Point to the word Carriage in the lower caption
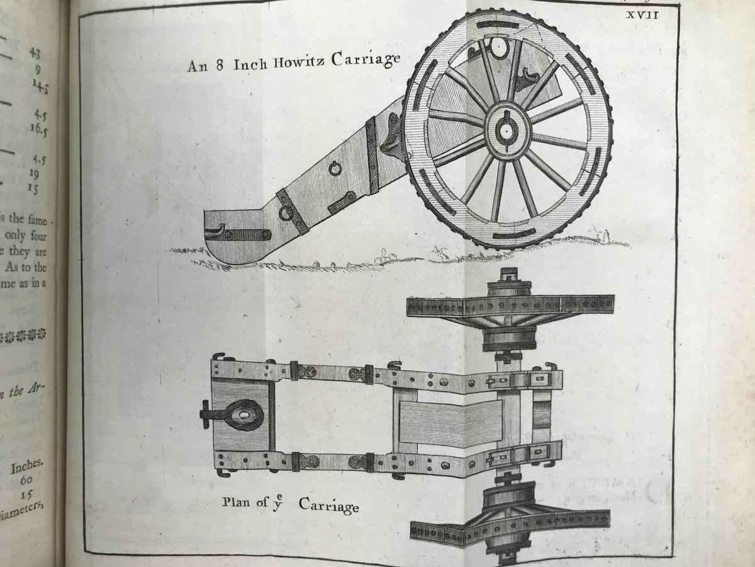pos(328,505)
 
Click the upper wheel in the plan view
pos(510,306)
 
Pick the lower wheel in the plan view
pos(510,522)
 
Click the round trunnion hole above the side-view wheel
pos(498,45)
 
